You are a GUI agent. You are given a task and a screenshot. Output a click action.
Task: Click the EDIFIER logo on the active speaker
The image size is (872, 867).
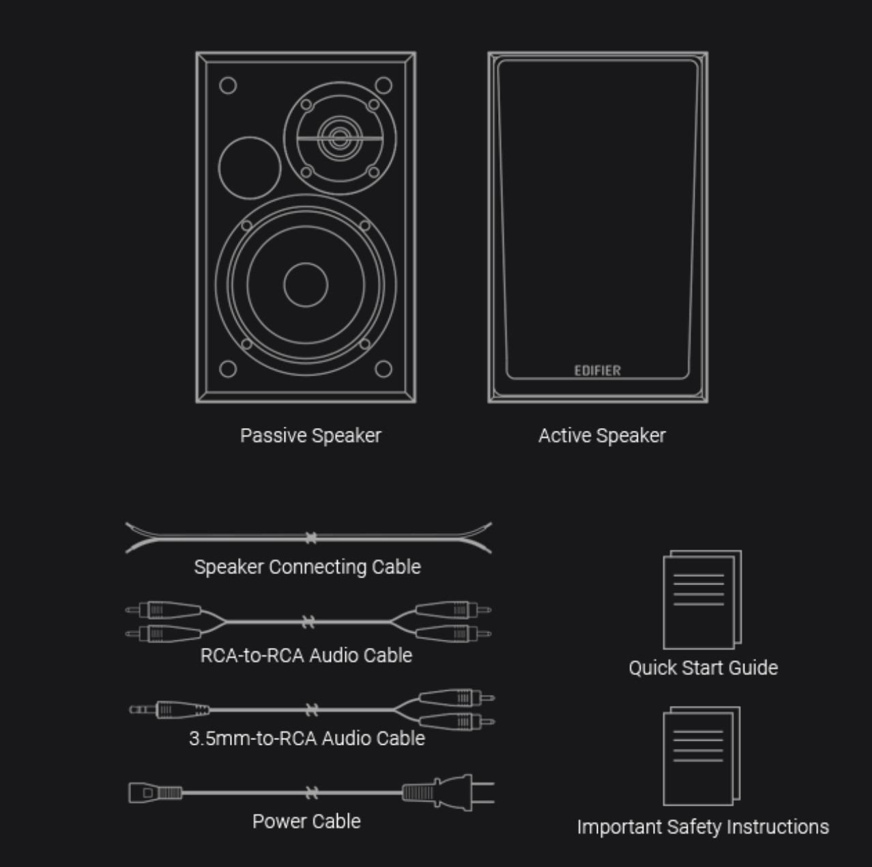(x=597, y=371)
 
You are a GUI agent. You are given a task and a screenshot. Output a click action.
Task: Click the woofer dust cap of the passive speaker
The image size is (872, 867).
(x=305, y=284)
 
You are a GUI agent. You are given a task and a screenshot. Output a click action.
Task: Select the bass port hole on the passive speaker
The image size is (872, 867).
(x=250, y=167)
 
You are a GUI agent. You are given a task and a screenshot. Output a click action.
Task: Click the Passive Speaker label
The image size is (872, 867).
(x=310, y=436)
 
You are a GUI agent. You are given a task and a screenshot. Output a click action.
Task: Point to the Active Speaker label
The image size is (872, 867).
(x=601, y=436)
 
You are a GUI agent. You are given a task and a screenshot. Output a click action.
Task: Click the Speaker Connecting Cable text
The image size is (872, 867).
(x=307, y=567)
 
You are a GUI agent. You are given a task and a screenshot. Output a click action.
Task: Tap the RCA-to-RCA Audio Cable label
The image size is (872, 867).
(x=306, y=655)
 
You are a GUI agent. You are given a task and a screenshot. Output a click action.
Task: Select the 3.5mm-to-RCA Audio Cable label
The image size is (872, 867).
(x=306, y=738)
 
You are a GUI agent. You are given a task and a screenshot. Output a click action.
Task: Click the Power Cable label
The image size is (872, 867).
(x=306, y=821)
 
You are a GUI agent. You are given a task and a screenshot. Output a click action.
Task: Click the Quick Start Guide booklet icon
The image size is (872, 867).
(x=701, y=600)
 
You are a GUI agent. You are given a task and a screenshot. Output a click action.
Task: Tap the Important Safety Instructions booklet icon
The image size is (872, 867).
(x=701, y=756)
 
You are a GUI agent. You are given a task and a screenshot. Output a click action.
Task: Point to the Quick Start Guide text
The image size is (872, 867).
(x=703, y=667)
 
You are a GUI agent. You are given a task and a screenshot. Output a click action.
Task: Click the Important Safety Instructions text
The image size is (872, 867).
(x=703, y=827)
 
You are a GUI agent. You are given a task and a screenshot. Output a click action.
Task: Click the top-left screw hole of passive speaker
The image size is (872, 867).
(x=228, y=85)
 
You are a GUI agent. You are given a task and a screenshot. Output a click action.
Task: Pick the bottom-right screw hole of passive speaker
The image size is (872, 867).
(x=383, y=369)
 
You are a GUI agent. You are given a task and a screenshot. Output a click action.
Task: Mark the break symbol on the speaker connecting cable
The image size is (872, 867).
(x=311, y=538)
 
